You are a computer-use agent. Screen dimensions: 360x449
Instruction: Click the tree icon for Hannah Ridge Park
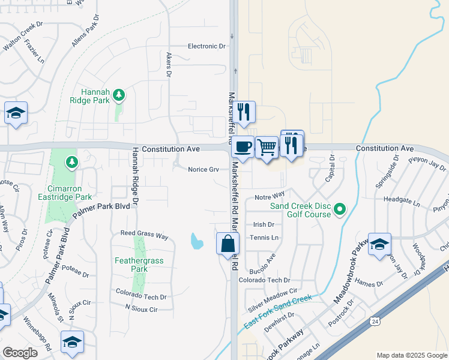pyautogui.click(x=119, y=94)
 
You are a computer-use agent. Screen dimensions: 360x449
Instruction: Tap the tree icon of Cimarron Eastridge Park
pyautogui.click(x=71, y=162)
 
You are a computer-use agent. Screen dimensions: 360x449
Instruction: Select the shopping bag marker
pyautogui.click(x=228, y=244)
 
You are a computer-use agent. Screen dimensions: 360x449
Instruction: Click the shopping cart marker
pyautogui.click(x=267, y=146)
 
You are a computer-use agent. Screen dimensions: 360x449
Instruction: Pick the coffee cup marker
pyautogui.click(x=243, y=146)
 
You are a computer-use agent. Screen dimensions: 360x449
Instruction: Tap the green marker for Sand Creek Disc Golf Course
pyautogui.click(x=340, y=209)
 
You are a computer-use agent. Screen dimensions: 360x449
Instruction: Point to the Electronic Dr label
pyautogui.click(x=206, y=46)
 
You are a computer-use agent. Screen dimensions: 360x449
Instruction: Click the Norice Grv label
pyautogui.click(x=203, y=169)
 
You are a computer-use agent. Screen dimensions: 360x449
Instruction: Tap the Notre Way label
pyautogui.click(x=269, y=196)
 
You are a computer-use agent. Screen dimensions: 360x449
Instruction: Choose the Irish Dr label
pyautogui.click(x=264, y=224)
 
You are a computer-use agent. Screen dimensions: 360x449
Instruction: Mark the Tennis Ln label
pyautogui.click(x=266, y=238)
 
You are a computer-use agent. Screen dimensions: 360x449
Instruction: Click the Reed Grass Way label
pyautogui.click(x=144, y=236)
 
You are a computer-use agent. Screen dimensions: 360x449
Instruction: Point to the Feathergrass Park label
pyautogui.click(x=139, y=265)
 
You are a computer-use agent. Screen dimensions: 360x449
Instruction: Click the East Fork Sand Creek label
pyautogui.click(x=278, y=312)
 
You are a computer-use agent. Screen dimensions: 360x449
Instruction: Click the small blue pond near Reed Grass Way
pyautogui.click(x=196, y=241)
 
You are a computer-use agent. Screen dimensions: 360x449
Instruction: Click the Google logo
pyautogui.click(x=20, y=353)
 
